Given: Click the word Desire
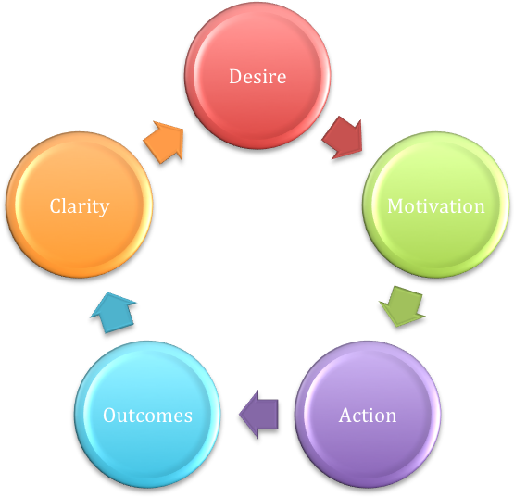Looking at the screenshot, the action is coord(257,77).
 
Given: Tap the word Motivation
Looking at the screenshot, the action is coord(435,206).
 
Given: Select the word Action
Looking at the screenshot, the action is coord(368,416).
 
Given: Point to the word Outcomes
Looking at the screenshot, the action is coord(147,416).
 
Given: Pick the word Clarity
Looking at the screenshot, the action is coord(80,206).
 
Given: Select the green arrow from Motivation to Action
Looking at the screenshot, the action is coord(403,306).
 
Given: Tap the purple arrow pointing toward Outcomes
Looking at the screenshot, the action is coord(258,414).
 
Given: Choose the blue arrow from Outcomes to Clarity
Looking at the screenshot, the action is coord(113,313).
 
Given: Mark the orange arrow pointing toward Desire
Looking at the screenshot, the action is coord(164,142).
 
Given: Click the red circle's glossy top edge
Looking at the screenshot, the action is coord(257,5).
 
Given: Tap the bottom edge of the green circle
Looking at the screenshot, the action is coord(435,276).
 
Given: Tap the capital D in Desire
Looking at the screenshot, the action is coord(235,77).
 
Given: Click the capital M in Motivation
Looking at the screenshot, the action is coord(396,206).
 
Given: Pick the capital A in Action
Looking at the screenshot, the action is coord(346,416).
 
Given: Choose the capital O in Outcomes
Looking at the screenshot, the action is coord(110,416).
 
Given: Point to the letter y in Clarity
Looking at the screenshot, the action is coord(104,209).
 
